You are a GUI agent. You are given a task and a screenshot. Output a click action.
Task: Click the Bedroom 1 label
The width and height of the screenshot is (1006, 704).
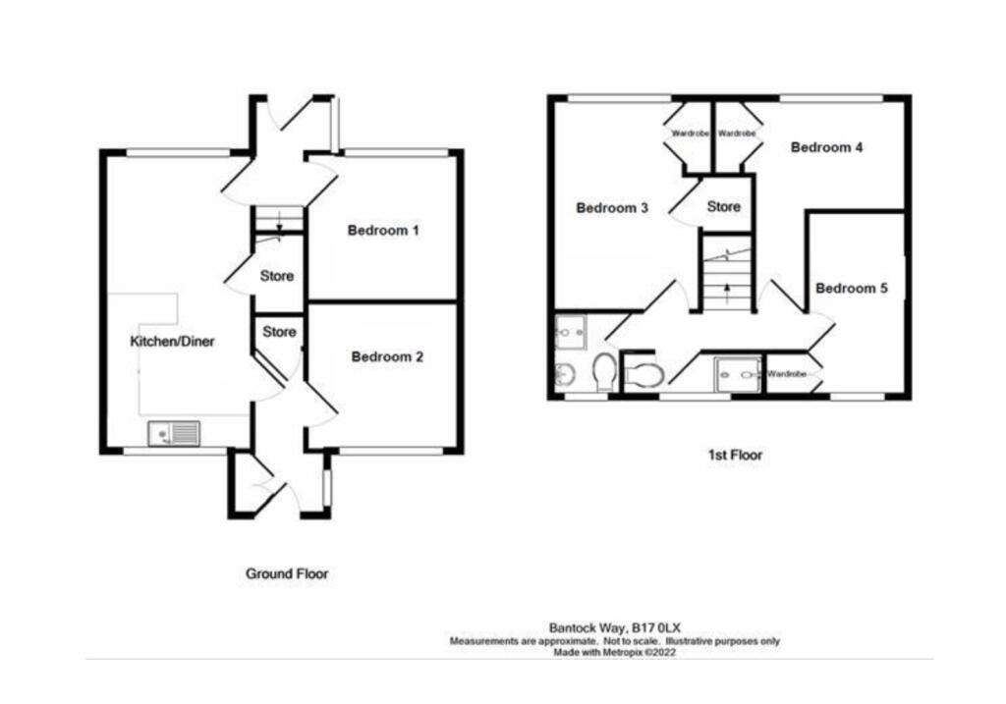383,231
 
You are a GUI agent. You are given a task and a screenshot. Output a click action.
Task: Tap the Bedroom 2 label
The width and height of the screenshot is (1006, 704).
386,356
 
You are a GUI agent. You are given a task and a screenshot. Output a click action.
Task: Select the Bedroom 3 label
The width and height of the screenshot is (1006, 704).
612,208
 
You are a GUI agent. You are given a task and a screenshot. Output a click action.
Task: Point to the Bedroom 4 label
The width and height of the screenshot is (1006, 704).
826,147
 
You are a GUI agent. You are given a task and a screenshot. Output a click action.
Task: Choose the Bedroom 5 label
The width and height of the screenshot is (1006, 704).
851,289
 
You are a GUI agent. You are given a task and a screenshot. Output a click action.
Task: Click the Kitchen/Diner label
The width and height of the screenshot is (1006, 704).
173,342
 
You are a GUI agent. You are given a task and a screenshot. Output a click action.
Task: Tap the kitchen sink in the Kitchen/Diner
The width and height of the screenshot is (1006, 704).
173,432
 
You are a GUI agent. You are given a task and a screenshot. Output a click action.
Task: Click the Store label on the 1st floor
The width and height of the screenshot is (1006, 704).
724,207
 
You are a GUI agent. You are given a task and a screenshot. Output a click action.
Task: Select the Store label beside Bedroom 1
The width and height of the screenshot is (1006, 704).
277,276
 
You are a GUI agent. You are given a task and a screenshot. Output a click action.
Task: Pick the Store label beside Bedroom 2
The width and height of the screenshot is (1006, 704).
279,332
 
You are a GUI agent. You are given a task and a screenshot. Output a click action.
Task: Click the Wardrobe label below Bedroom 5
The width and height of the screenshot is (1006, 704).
787,374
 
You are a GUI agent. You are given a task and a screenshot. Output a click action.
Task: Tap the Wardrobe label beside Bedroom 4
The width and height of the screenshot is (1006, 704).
736,133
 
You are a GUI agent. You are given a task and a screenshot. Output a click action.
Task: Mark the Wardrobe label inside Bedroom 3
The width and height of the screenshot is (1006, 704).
690,133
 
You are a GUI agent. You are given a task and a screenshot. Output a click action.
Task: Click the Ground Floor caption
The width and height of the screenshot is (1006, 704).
287,573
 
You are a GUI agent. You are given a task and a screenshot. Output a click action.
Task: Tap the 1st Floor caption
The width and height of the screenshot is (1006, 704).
734,456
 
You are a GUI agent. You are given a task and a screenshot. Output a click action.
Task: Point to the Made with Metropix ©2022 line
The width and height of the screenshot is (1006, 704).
615,651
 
